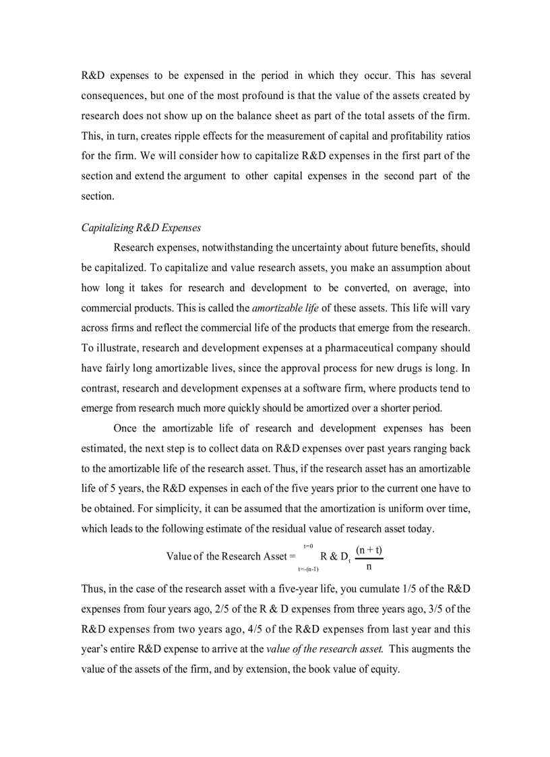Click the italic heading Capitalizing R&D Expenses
pos(141,228)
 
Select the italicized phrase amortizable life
pos(285,308)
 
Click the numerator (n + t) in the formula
pos(369,550)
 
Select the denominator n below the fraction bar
pos(369,567)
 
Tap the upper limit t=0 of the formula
pos(308,545)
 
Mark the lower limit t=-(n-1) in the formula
pos(308,570)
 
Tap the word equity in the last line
pos(384,670)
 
